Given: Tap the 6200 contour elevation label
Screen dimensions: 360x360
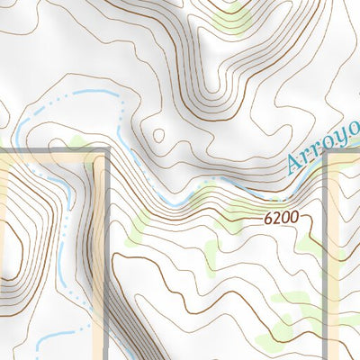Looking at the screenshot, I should pos(281,218).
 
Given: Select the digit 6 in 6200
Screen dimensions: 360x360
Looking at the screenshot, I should pos(269,218).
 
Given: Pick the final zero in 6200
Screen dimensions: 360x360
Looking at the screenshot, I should pos(292,218).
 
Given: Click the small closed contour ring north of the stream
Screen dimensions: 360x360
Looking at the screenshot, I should pos(159,137).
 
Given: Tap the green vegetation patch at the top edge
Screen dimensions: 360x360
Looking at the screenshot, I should pos(232,18).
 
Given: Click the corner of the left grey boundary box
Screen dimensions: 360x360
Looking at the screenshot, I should pos(106,150).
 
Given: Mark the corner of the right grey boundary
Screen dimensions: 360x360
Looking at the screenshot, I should pos(330,153).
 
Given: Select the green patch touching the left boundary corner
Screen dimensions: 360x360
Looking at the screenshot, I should pos(85,146).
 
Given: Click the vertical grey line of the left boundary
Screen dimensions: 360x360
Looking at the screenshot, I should pos(106,252).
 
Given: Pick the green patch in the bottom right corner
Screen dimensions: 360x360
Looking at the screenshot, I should pos(270,340).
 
